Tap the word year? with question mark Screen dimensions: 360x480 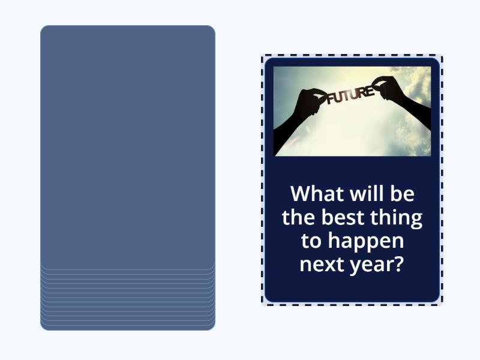[x=377, y=265]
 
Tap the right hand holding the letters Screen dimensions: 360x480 [x=388, y=88]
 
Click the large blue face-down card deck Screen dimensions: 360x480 [x=127, y=144]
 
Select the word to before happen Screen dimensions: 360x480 [x=311, y=241]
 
